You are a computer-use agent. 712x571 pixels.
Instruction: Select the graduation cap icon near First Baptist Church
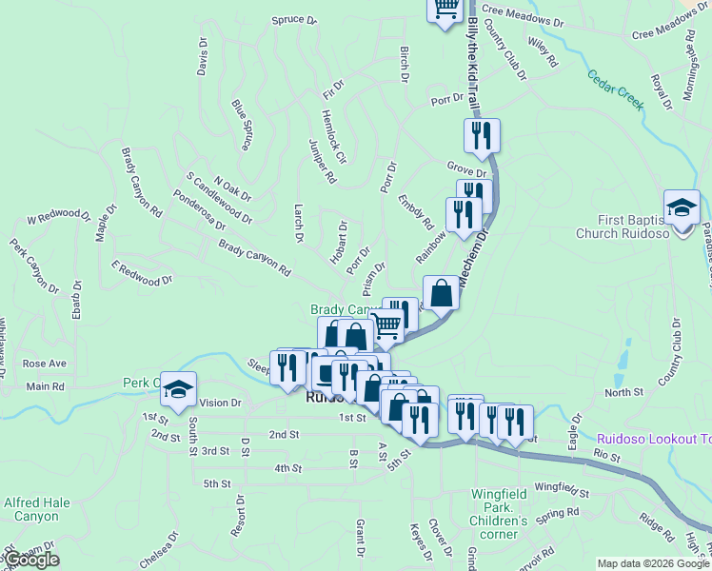682,208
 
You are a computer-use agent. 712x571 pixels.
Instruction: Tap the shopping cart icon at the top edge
445,10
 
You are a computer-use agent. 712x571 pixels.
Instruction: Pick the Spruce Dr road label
293,19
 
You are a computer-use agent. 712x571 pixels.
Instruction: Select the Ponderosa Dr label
199,211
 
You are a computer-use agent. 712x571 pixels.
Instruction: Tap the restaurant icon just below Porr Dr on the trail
482,136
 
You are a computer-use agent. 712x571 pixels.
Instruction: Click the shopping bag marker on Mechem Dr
442,292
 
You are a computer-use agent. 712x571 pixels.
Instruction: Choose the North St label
623,392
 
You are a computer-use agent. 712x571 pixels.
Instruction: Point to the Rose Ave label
45,364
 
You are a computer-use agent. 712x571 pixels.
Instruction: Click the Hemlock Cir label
333,136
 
